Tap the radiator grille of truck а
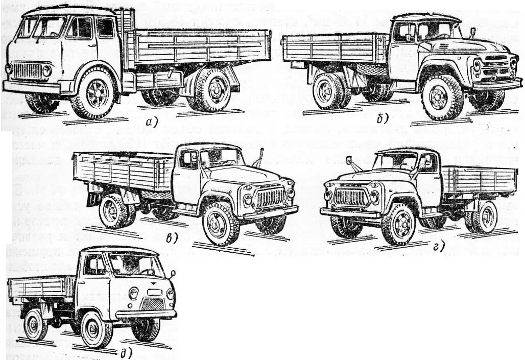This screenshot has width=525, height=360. coord(28,70)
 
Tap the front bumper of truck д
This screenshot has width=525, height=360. coord(146,313)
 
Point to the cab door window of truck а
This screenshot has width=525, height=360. coord(79,28)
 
